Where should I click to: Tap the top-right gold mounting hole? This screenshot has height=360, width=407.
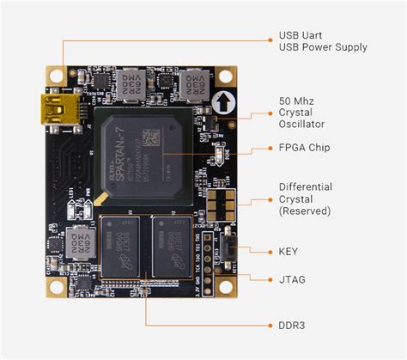(227, 73)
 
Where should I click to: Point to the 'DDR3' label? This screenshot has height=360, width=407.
(293, 326)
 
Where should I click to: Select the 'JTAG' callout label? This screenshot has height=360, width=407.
(293, 279)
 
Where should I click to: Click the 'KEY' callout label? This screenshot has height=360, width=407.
(290, 251)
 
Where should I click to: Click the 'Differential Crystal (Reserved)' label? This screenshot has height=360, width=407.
(306, 198)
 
